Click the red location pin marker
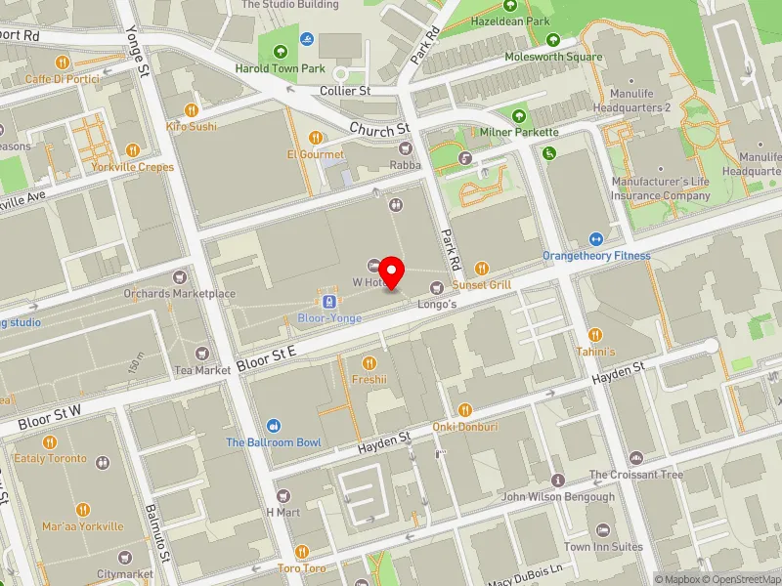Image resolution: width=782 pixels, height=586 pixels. pos(392,272)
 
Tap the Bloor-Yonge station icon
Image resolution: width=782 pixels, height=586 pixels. pos(330,301)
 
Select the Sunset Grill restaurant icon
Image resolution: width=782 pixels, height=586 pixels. pos(481,268)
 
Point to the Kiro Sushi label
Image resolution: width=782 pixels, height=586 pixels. pos(192,126)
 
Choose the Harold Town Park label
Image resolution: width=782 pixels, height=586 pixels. pos(280,68)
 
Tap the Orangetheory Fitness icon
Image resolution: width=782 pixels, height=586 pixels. pos(596,239)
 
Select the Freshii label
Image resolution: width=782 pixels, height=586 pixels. pos(369,379)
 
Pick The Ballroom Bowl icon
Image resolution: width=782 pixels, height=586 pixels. pos(274,425)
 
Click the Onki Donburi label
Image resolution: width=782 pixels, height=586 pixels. pos(465,427)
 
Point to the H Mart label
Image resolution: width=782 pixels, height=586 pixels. pos(282,513)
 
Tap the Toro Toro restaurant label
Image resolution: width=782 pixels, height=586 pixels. pos(301,567)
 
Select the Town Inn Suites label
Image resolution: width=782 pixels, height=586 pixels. pos(603,547)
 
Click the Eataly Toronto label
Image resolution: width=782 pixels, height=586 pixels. pos(50,458)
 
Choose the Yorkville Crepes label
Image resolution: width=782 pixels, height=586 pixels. pos(134,167)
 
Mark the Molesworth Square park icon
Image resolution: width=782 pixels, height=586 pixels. pos(553,40)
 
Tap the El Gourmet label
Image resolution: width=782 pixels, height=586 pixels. pos(315,154)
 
